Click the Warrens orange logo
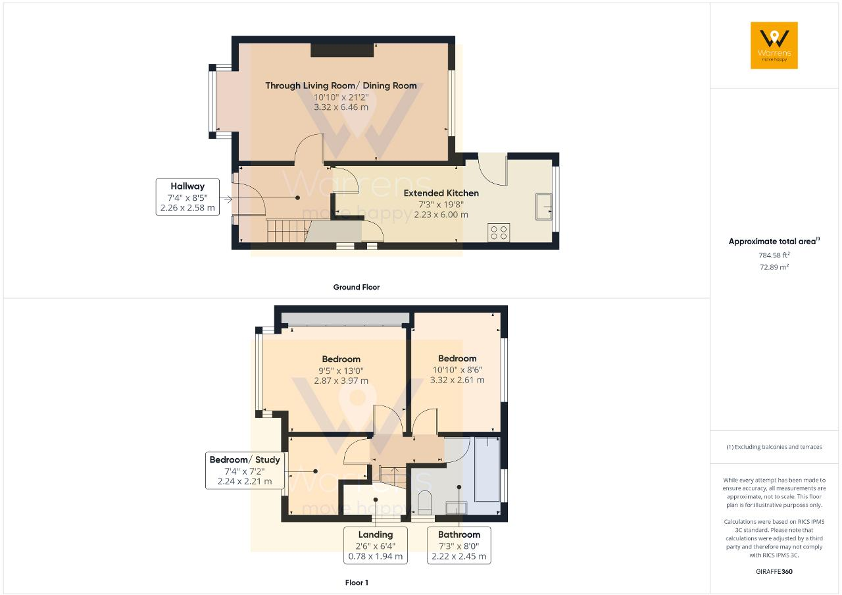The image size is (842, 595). tap(774, 45)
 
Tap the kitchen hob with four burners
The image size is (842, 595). tap(498, 232)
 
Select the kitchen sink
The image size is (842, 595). tap(544, 207)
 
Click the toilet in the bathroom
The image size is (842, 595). tap(425, 502)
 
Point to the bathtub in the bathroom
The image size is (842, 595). tap(485, 469)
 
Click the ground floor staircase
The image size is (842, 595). tap(287, 231)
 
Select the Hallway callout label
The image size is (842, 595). tap(187, 197)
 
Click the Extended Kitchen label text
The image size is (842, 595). tap(441, 193)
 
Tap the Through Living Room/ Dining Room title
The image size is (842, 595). tap(341, 86)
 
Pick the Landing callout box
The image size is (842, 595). tap(375, 545)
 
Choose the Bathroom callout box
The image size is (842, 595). tap(458, 545)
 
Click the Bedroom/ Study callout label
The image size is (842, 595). tap(245, 470)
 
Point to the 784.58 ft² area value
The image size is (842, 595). tap(774, 255)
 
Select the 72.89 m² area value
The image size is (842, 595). tap(774, 267)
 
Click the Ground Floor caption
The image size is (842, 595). tap(356, 287)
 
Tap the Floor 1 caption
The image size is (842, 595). tap(357, 582)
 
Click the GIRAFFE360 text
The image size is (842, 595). tap(774, 571)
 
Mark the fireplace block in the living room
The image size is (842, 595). tap(342, 51)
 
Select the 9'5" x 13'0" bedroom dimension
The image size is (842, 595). tap(341, 370)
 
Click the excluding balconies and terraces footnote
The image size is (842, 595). tap(774, 447)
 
